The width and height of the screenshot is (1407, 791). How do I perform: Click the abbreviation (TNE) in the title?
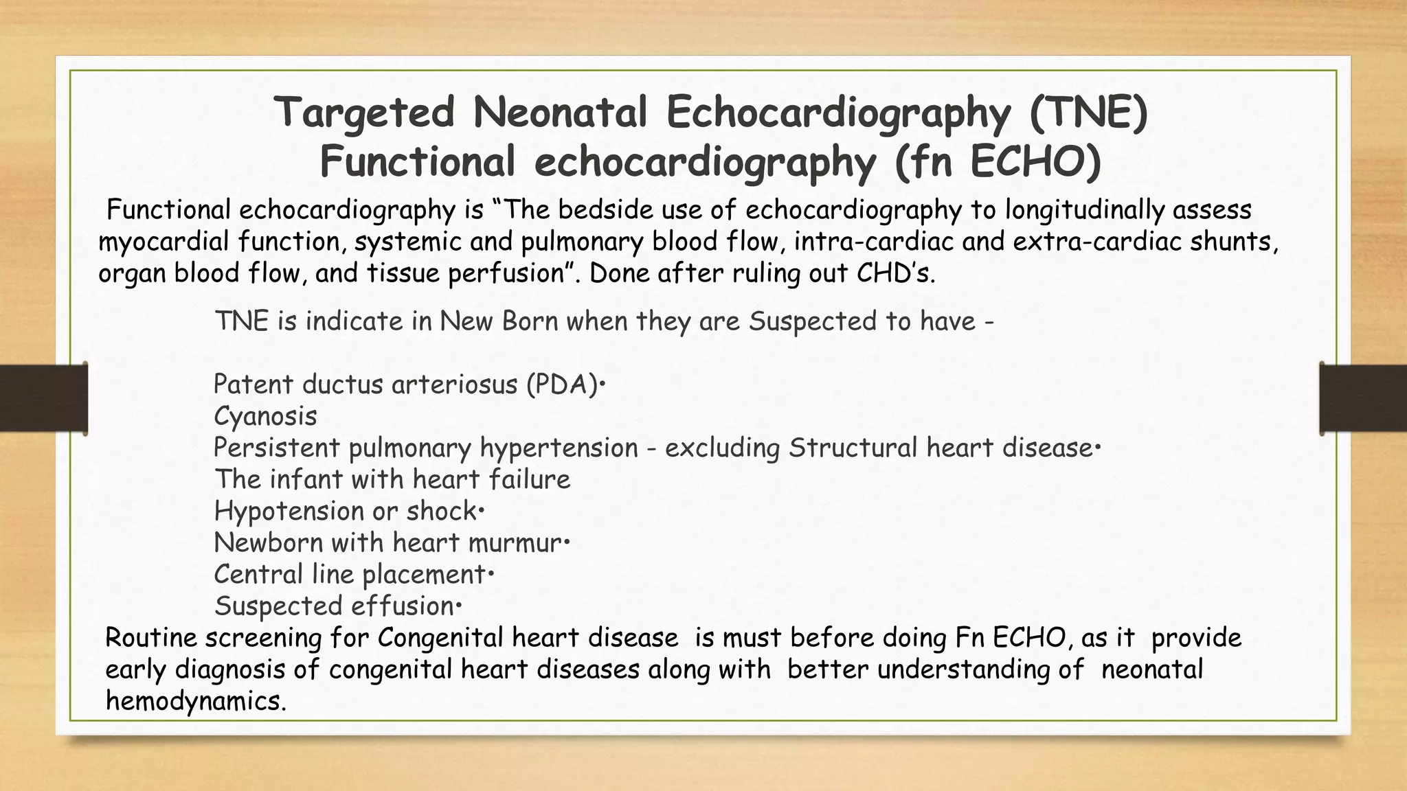[x=1088, y=113]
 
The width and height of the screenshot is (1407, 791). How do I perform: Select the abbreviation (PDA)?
[x=561, y=385]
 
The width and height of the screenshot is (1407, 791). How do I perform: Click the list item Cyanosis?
[x=265, y=416]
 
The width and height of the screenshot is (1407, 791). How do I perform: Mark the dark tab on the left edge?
[x=43, y=398]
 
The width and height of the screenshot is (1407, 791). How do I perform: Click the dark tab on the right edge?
[x=1363, y=398]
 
